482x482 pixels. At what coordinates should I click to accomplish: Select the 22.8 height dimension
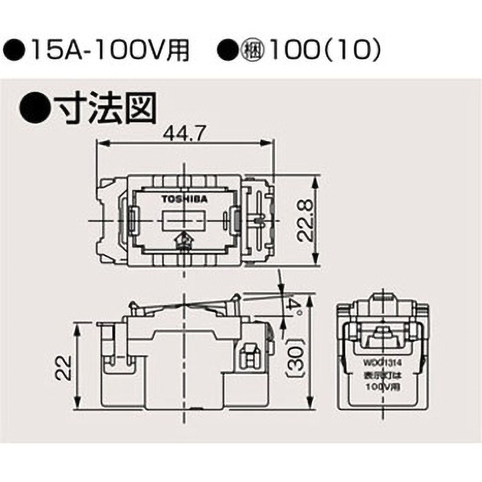click(307, 220)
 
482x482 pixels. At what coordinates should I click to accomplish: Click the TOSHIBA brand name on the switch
click(184, 198)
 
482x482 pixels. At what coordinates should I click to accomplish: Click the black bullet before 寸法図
click(35, 107)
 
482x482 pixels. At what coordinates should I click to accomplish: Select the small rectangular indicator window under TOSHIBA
click(184, 221)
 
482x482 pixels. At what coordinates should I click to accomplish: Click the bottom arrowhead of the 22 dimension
click(79, 406)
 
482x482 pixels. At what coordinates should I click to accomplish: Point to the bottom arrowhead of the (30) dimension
click(309, 406)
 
